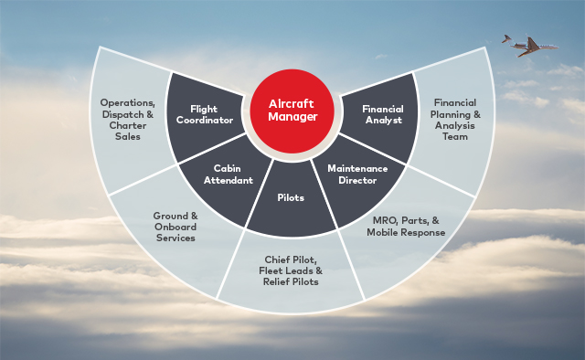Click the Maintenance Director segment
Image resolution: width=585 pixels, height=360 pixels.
(x=357, y=175)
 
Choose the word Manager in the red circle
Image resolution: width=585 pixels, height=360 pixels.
(x=292, y=119)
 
